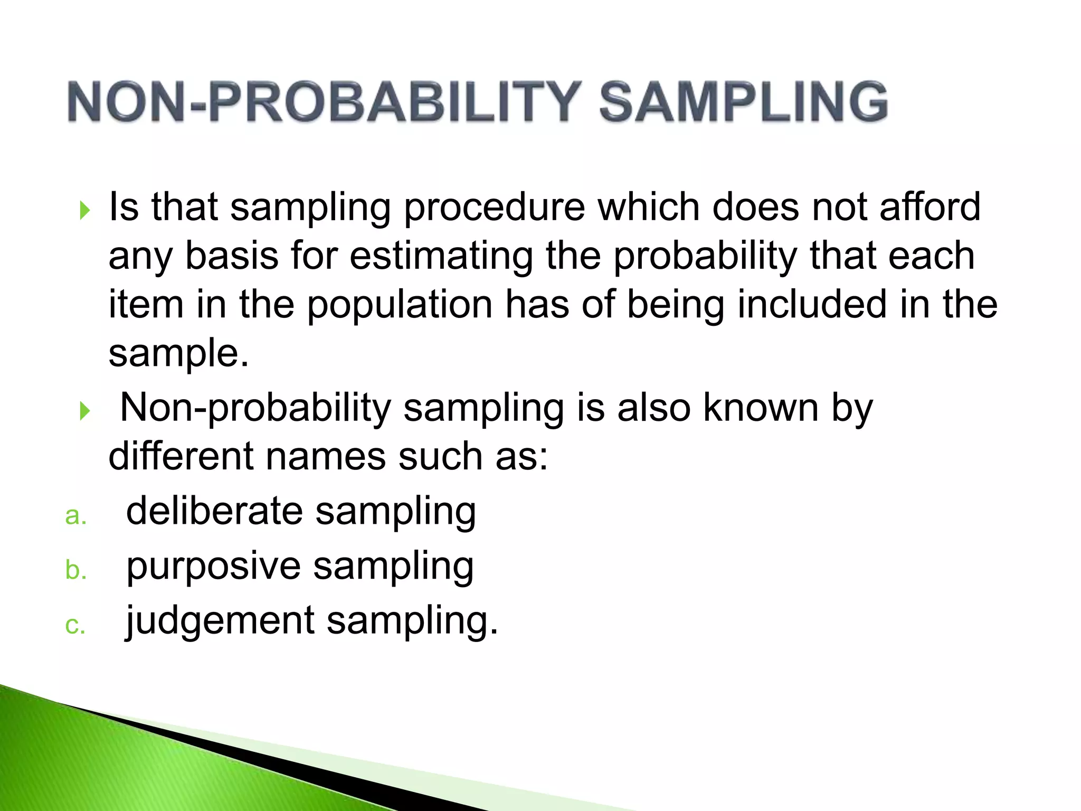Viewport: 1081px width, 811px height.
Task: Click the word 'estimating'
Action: (x=441, y=256)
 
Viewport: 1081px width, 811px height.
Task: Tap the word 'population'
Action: (x=400, y=305)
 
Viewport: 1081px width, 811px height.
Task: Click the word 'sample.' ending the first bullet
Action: (x=178, y=354)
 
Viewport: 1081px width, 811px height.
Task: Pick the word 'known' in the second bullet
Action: (x=761, y=408)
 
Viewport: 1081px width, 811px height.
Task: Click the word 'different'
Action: (x=181, y=456)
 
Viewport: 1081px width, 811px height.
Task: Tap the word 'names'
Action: (x=325, y=457)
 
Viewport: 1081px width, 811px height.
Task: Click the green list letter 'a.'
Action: (x=75, y=516)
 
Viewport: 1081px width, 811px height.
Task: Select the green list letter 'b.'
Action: (x=75, y=570)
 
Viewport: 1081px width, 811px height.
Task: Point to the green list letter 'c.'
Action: (x=75, y=626)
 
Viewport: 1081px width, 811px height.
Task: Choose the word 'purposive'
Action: (x=213, y=567)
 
